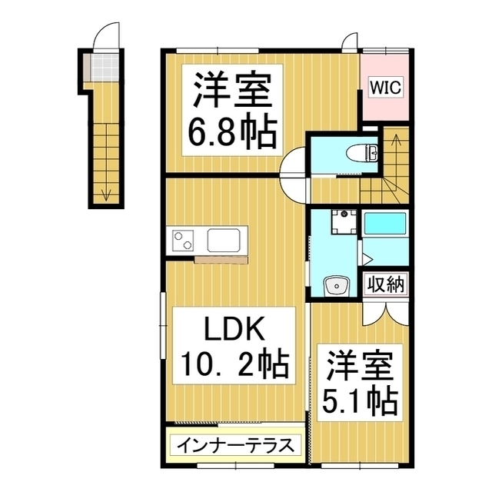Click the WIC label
point(385,87)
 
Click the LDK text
point(234,330)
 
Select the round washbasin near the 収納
point(337,286)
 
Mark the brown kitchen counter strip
point(221,260)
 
